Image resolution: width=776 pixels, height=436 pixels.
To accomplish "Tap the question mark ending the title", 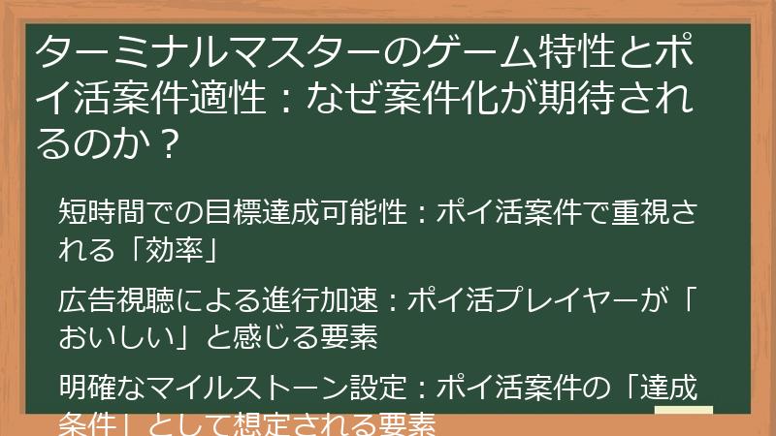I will click(x=169, y=145).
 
